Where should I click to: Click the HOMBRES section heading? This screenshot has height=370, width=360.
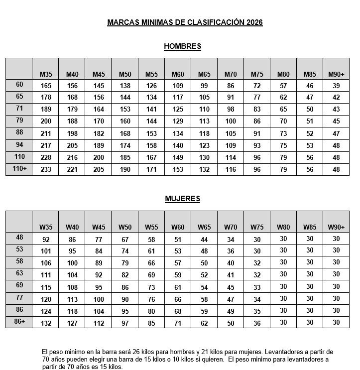tap(182, 46)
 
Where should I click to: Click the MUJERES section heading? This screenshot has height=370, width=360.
tap(182, 199)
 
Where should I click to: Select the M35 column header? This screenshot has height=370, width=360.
tap(46, 74)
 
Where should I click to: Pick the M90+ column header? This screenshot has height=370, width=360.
tap(336, 74)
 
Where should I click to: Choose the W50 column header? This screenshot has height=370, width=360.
tap(125, 227)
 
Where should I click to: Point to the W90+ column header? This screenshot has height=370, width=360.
tap(336, 227)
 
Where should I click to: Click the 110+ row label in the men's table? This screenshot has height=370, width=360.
tap(19, 169)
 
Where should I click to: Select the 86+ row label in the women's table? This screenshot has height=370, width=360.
tap(19, 322)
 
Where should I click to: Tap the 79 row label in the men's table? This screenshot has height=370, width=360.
tap(19, 121)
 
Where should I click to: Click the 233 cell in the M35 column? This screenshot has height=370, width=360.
tap(46, 170)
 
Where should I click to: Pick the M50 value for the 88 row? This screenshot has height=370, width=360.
tap(125, 133)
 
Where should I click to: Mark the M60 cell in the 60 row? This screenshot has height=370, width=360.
tap(178, 86)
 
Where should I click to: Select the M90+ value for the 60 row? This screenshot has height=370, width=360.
tap(336, 86)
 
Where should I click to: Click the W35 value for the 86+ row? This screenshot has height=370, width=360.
tap(46, 323)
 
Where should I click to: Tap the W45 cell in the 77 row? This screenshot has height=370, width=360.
tap(99, 299)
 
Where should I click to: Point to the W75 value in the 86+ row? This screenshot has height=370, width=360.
tap(257, 323)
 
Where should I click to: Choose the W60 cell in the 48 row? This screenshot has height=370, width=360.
tap(178, 239)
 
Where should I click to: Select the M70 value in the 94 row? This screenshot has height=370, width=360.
tap(231, 146)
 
